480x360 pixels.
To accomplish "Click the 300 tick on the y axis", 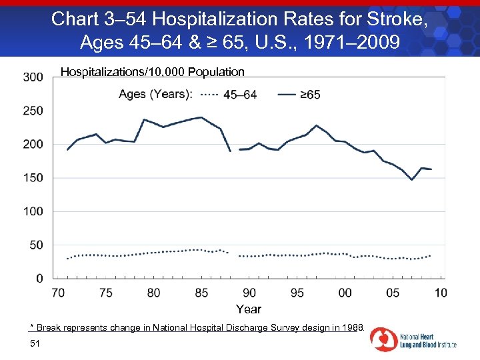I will tap(33, 77).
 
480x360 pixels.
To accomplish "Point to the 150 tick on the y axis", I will tap(33, 178).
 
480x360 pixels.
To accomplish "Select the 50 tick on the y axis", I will tap(36, 245).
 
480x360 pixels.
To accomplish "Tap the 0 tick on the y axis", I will tap(39, 278).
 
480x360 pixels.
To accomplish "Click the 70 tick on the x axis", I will tap(58, 293).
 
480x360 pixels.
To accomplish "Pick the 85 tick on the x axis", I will tap(201, 293).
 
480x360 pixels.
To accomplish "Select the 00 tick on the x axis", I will tap(345, 293).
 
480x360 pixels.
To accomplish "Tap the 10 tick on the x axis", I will tap(441, 293).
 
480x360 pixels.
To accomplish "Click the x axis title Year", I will tap(249, 309).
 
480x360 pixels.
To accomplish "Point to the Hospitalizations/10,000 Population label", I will tap(153, 71).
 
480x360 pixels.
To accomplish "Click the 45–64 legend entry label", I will tap(240, 95).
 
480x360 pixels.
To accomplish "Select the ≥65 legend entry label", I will tap(310, 95).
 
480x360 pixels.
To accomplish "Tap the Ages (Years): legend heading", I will tap(155, 95).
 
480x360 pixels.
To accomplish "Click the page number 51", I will tap(35, 343).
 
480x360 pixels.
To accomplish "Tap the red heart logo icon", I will tap(384, 339).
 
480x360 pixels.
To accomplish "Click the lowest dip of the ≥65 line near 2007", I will tap(412, 180).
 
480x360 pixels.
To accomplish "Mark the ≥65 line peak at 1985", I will tap(201, 117).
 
